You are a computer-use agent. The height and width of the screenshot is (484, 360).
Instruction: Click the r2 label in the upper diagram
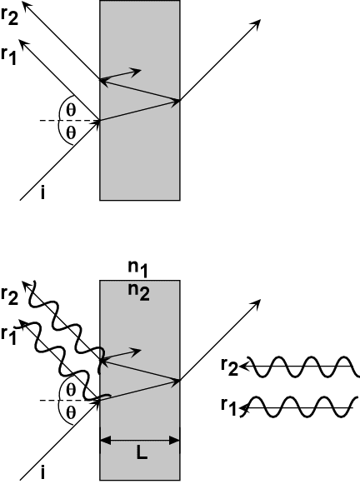(9, 17)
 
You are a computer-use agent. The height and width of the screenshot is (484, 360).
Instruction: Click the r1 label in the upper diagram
(8, 57)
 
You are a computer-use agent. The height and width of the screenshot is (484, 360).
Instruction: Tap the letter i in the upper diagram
(42, 193)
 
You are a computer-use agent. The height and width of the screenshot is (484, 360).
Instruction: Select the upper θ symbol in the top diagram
(71, 110)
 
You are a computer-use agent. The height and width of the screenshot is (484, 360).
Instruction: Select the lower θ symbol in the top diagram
(71, 133)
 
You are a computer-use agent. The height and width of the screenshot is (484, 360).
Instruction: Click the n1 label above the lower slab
(137, 269)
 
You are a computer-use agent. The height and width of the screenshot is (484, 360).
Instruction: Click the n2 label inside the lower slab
(139, 292)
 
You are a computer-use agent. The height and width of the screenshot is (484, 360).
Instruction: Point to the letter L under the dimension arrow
(142, 453)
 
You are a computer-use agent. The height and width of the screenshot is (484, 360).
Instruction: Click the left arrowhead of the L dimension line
(105, 440)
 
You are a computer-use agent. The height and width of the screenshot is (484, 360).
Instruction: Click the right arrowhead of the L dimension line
(175, 440)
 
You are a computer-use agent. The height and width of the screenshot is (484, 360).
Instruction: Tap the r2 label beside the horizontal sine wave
(230, 367)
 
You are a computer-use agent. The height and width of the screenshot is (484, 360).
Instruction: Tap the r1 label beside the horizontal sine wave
(229, 407)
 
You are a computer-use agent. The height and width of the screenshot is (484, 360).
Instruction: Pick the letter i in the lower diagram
(42, 473)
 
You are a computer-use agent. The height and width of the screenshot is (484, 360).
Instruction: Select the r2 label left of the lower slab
(9, 297)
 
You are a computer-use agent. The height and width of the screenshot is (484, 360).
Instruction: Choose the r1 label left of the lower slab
(8, 337)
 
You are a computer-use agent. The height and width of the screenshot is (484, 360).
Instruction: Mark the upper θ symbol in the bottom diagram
(71, 390)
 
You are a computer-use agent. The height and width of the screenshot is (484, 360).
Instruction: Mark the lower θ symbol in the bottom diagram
(71, 412)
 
